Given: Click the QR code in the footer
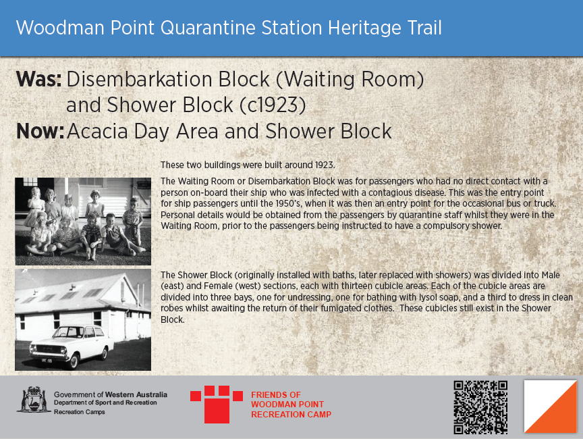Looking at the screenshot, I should (x=480, y=407).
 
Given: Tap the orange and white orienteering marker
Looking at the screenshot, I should (x=551, y=407).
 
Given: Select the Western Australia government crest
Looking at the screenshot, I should (x=32, y=399).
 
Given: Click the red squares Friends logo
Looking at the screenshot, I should (x=217, y=404).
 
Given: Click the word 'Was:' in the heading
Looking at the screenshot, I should (x=38, y=80).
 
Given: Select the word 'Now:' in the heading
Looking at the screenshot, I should (x=40, y=130).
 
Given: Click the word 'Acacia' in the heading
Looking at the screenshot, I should (x=99, y=130).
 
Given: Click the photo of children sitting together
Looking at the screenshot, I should (x=83, y=222).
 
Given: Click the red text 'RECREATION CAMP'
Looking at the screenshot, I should (x=291, y=415).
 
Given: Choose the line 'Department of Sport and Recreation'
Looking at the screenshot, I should (x=105, y=403).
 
